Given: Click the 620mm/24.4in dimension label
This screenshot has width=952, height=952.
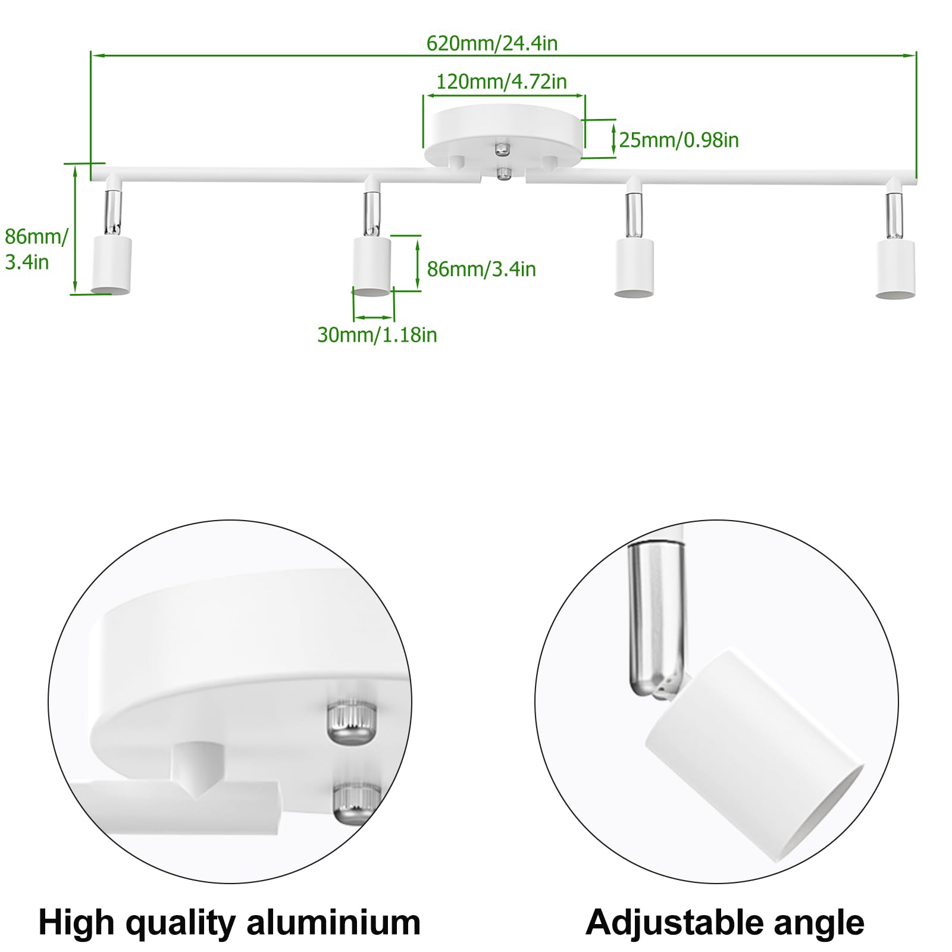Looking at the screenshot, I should [492, 43].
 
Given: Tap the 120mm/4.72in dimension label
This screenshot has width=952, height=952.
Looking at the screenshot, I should [502, 82].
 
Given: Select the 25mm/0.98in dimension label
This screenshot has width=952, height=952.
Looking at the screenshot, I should [679, 140].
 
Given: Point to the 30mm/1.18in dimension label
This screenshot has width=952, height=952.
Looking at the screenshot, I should [377, 335].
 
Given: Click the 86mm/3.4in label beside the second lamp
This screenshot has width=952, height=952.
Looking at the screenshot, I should [481, 269].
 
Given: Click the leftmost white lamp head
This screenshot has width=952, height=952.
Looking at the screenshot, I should [111, 264].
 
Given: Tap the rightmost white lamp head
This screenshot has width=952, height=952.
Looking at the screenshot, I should [895, 268].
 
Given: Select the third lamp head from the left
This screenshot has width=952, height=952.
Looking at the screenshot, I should [634, 267].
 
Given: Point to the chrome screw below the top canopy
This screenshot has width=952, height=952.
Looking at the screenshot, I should [504, 173].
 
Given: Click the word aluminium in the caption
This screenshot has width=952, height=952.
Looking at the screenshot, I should [333, 923].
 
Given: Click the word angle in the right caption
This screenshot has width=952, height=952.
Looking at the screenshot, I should [819, 924].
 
